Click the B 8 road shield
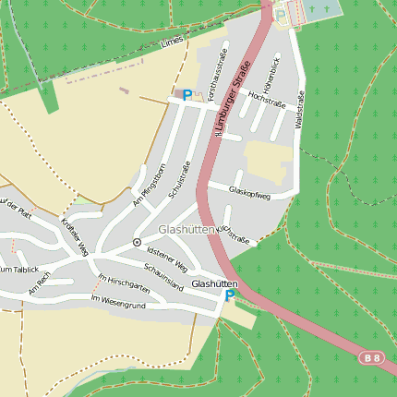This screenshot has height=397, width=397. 371,358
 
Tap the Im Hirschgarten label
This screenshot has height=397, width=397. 124,282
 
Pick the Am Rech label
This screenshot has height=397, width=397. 38,287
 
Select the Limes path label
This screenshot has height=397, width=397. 172,42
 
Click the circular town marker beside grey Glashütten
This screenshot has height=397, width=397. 137,242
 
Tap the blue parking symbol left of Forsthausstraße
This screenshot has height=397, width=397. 187,94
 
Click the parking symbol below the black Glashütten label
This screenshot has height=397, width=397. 230,296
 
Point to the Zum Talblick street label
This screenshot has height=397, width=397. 18,269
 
